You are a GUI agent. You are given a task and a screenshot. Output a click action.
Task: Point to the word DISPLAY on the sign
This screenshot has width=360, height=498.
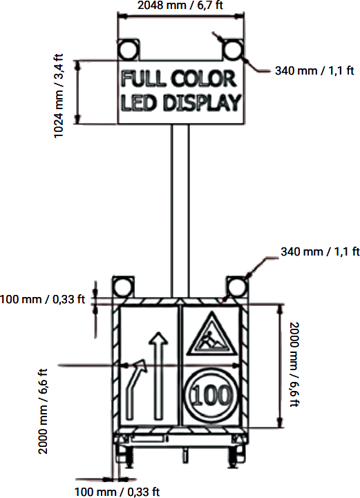tap(202, 103)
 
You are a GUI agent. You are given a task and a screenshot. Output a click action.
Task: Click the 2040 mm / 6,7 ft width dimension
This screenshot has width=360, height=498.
tap(180, 6)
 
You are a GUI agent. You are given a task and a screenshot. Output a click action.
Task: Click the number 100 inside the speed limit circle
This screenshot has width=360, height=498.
tap(210, 398)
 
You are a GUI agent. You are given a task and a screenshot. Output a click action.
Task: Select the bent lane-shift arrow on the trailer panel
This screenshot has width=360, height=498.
tap(135, 390)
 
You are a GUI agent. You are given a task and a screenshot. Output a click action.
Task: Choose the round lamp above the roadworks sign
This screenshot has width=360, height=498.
tap(234, 287)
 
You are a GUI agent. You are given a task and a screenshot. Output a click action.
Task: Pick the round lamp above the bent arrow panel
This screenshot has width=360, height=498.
tap(122, 287)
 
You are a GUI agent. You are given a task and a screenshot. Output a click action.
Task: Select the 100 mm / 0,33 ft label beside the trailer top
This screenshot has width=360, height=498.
tap(43, 299)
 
